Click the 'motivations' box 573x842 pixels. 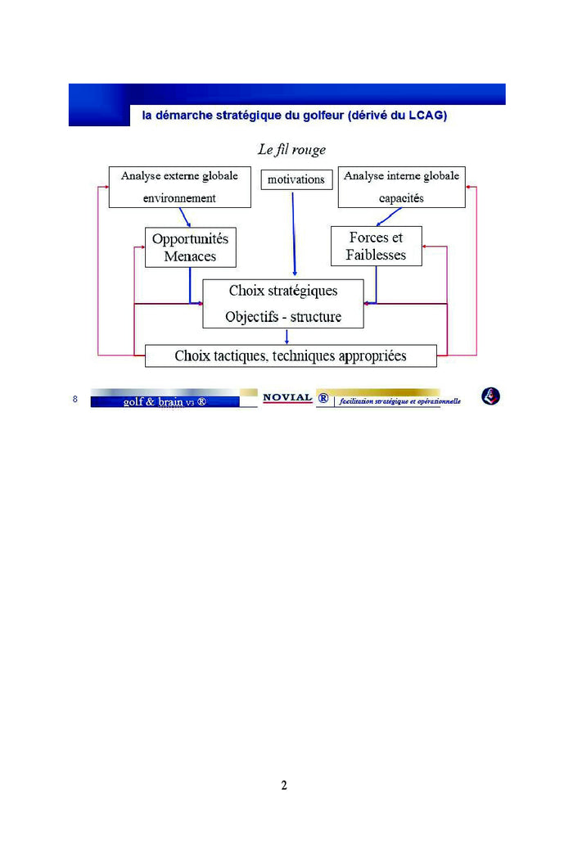click(296, 179)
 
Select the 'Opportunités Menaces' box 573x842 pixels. click(190, 247)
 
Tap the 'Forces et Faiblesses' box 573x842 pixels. click(376, 246)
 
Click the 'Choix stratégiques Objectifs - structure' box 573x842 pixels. click(283, 304)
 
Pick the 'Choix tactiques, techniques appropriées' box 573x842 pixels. click(291, 355)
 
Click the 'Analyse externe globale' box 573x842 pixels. click(179, 187)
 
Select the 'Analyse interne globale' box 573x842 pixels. click(401, 187)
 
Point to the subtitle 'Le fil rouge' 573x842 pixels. click(291, 150)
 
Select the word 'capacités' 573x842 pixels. click(401, 198)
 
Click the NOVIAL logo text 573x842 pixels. click(287, 398)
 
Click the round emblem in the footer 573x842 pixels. click(490, 396)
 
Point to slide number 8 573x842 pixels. click(75, 400)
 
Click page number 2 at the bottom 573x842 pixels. click(284, 785)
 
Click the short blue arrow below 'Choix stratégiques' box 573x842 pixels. click(286, 336)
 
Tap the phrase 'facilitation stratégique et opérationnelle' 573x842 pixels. click(400, 401)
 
